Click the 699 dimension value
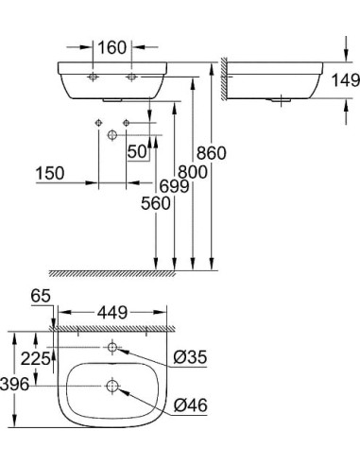176,187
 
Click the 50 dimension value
138,152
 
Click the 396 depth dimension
15,385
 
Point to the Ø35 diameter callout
191,357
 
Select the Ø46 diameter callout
191,406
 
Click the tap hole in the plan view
112,349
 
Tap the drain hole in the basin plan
112,386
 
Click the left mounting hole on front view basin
94,74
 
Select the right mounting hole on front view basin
131,74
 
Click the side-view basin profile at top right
274,80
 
